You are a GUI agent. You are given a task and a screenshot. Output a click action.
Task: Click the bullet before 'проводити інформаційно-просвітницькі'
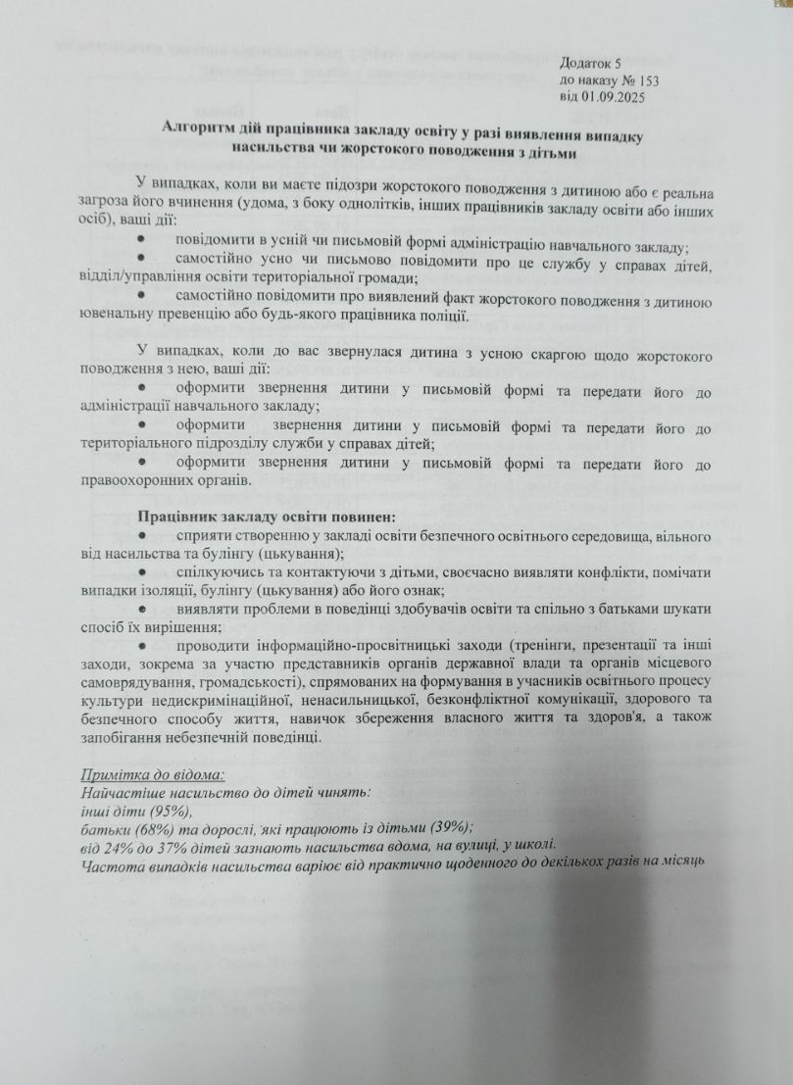(x=142, y=646)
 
